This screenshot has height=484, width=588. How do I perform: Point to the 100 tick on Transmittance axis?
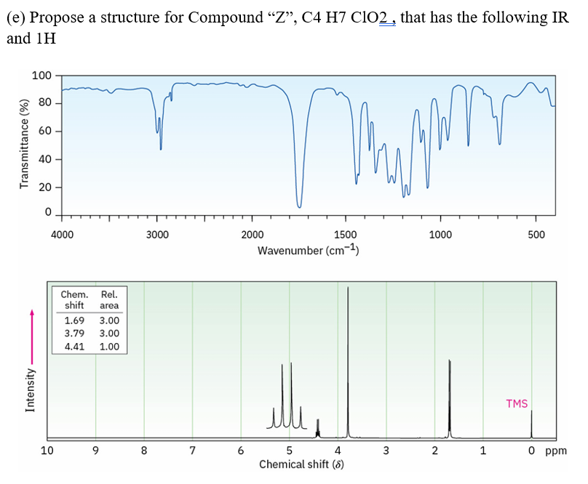coord(41,76)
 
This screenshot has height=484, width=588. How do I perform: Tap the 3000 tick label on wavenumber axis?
coord(157,234)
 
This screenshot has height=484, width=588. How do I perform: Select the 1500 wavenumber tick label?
coord(345,234)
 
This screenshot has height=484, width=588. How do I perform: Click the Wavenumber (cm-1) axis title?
coord(309,251)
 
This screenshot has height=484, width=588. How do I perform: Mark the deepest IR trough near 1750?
coord(299,206)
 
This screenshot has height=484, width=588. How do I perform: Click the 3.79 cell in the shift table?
coord(74,334)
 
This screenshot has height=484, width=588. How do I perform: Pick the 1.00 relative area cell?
coord(109,347)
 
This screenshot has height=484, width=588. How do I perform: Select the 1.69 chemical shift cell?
coord(74,320)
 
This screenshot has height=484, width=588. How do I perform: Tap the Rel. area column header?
coord(109,300)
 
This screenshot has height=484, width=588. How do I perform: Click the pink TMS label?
coord(517,403)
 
